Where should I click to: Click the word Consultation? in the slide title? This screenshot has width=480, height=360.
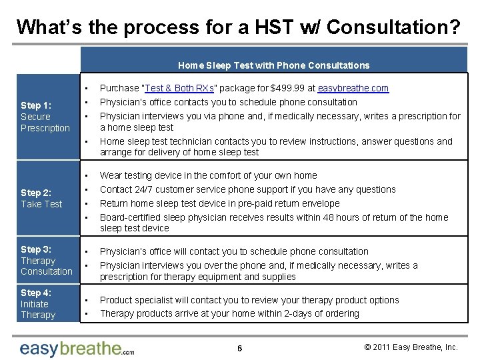coord(393,27)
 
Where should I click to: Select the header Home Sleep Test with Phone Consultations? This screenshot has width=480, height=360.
coord(273,65)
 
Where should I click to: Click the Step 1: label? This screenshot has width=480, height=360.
coord(36,105)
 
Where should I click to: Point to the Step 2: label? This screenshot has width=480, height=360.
coord(36,193)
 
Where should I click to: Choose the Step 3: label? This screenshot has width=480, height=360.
coord(36,249)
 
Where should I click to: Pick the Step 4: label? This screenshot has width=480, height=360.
coord(36,293)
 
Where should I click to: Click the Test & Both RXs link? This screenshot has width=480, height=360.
coord(177,88)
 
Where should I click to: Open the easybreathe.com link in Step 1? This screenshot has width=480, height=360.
coord(353,88)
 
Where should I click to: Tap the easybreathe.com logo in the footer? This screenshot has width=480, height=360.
coord(77,348)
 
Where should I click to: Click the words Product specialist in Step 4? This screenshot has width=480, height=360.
coord(137,300)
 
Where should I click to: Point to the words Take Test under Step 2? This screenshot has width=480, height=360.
coord(41,204)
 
